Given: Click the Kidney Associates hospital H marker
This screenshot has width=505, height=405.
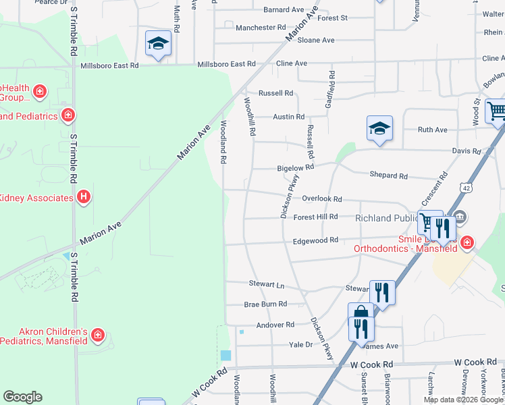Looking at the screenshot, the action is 83,198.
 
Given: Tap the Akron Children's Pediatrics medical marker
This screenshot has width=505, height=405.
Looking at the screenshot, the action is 98,335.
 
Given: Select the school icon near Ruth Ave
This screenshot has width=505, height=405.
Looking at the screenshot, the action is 380,128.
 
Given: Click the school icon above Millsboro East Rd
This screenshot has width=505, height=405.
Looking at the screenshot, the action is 158,44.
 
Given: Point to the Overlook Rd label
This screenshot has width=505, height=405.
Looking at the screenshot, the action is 322,199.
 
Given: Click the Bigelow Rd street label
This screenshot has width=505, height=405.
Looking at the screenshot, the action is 296,168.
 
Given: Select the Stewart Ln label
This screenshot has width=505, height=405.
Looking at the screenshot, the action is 263,285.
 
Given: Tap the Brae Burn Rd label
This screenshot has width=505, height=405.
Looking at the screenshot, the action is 265,304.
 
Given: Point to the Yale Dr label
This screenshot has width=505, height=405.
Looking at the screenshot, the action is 300,344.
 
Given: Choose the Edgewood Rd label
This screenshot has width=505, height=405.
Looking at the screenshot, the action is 315,240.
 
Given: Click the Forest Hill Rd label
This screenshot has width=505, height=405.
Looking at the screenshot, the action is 315,217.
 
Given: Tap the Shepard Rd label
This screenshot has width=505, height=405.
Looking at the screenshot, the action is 389,175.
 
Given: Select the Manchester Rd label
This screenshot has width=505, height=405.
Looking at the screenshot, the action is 261,28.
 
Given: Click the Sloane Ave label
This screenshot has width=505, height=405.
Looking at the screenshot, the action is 316,40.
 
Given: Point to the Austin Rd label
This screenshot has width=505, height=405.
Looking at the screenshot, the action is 288,117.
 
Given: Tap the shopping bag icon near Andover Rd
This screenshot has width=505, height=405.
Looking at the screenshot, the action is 361,313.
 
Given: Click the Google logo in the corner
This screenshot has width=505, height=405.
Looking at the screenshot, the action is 22,397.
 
